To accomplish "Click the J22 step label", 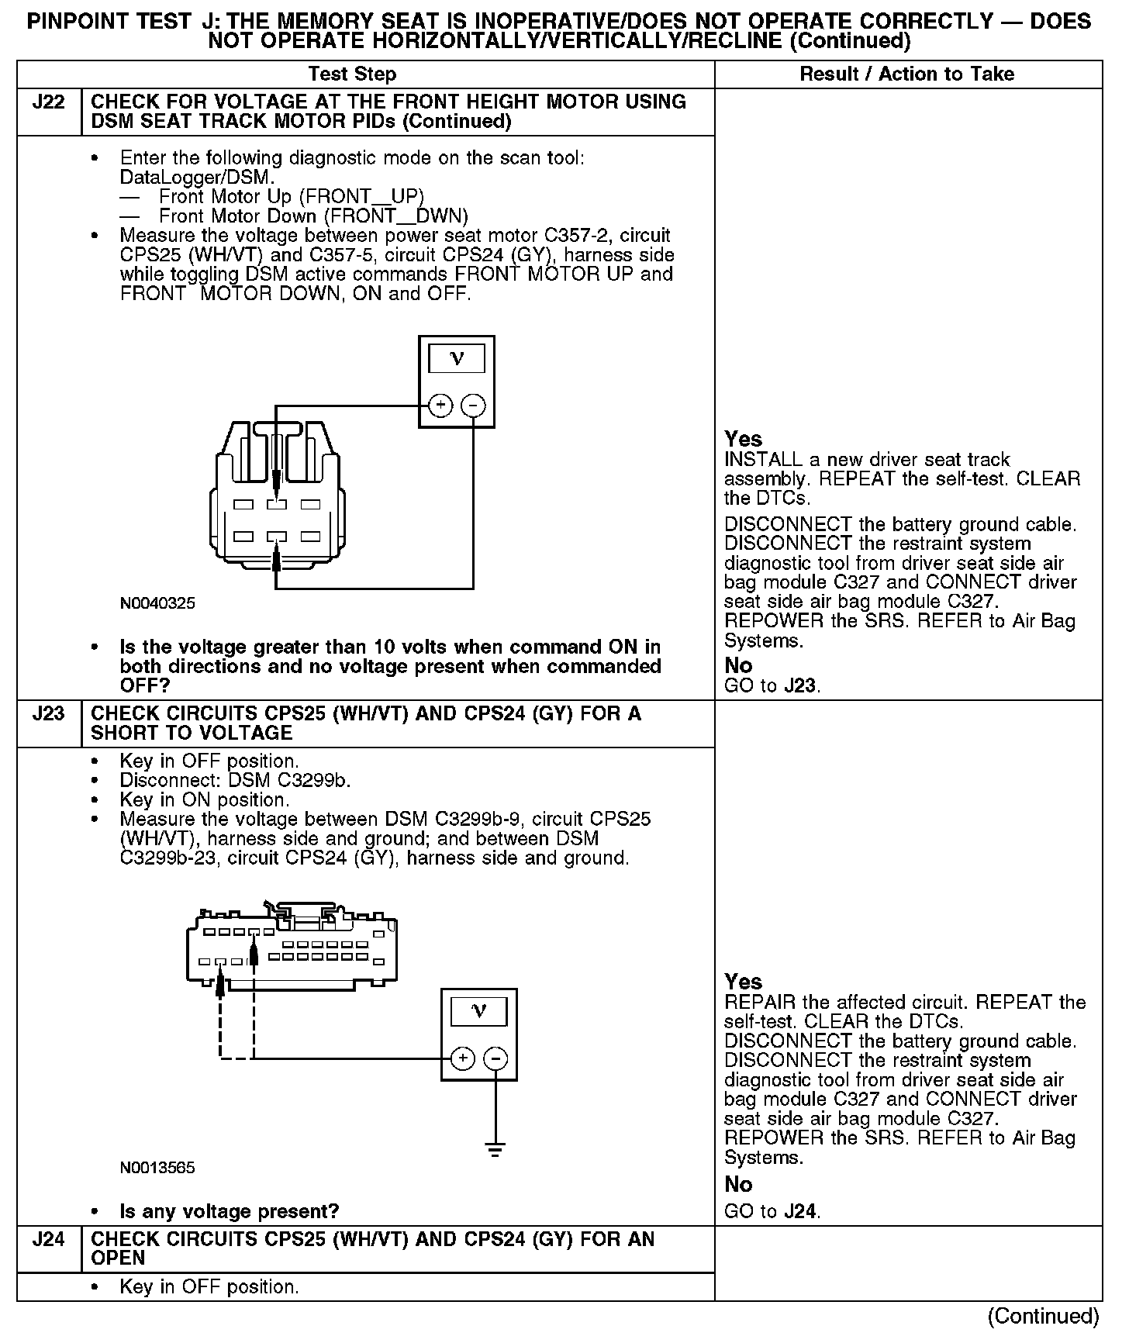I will tap(48, 103).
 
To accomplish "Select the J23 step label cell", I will tap(48, 714).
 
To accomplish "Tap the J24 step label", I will tap(48, 1240).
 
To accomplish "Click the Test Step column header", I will tap(352, 74).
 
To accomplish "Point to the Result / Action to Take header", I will tap(906, 74).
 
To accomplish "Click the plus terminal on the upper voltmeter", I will tap(440, 406).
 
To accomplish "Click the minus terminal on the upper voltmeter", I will tap(473, 406).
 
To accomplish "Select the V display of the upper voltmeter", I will tap(457, 359).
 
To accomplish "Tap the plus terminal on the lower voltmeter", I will tap(462, 1058).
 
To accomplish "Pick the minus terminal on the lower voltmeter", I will tap(495, 1058).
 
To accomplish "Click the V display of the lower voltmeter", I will tap(478, 1011).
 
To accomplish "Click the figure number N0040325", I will tap(157, 603).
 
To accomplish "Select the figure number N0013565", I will tap(157, 1168).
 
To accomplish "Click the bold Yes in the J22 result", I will tap(743, 439).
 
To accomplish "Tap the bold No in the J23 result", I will tap(738, 1185).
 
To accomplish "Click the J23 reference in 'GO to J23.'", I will tap(801, 686).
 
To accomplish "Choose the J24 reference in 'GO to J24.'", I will tap(801, 1212).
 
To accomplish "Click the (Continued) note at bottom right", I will tap(1043, 1316).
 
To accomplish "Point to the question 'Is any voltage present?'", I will tap(230, 1212).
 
